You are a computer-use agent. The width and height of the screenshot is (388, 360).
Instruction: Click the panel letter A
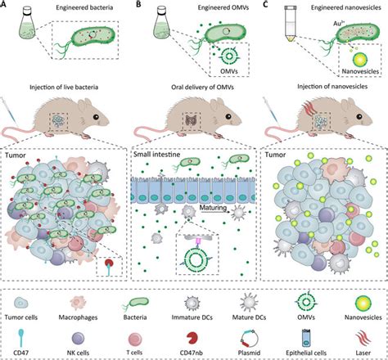(x=7, y=7)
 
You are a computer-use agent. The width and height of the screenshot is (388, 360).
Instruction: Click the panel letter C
(x=261, y=7)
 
